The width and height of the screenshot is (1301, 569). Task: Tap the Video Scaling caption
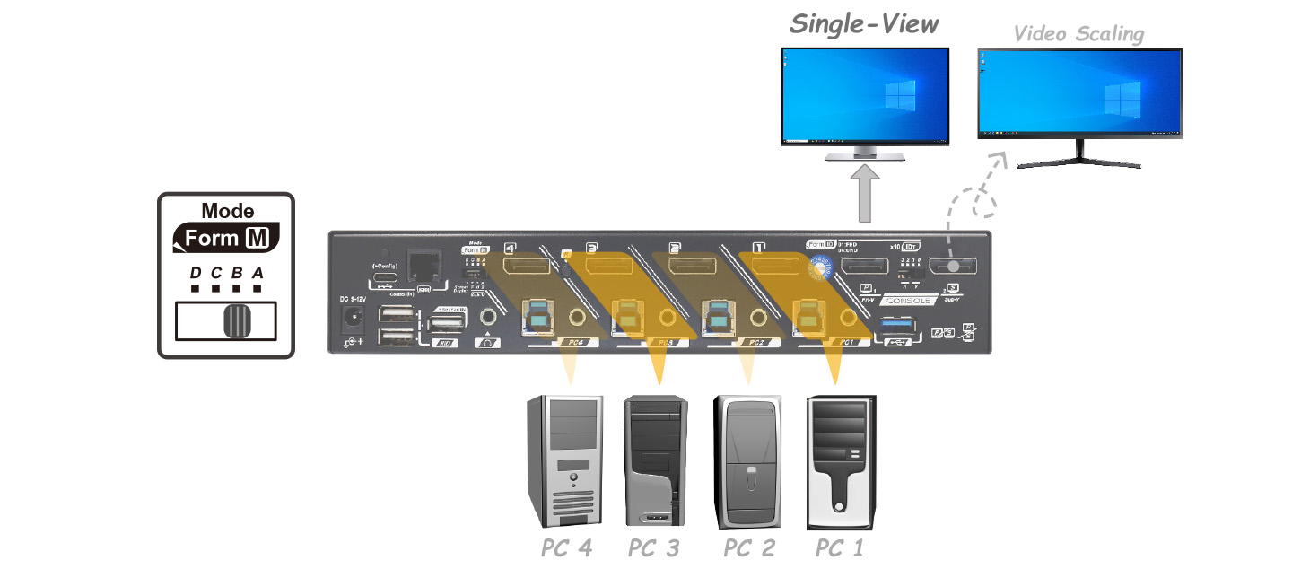pyautogui.click(x=1078, y=34)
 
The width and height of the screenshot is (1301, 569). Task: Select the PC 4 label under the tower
pyautogui.click(x=566, y=547)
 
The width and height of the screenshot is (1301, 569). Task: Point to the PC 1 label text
pyautogui.click(x=839, y=547)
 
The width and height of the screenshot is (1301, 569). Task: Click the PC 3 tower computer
pyautogui.click(x=658, y=462)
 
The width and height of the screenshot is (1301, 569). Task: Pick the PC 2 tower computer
pyautogui.click(x=747, y=462)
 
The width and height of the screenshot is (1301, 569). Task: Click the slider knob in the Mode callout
pyautogui.click(x=236, y=321)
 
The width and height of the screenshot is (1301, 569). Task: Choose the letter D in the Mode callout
pyautogui.click(x=195, y=273)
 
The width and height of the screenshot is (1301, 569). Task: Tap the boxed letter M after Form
pyautogui.click(x=254, y=239)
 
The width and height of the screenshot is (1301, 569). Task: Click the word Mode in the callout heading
pyautogui.click(x=227, y=212)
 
